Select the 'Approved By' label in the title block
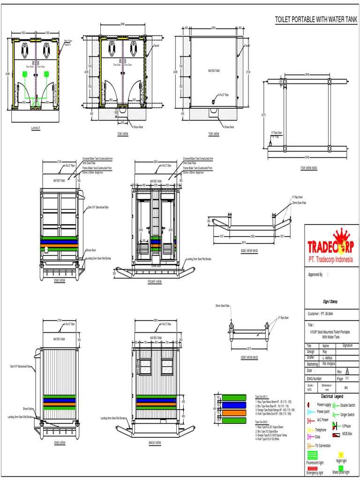pyautogui.click(x=315, y=275)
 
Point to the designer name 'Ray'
pyautogui.click(x=324, y=351)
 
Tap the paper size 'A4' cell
pyautogui.click(x=346, y=388)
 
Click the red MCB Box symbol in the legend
pyautogui.click(x=336, y=435)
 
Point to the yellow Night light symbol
pyautogui.click(x=341, y=455)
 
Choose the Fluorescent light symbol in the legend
pyautogui.click(x=314, y=455)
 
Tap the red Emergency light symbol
pyautogui.click(x=313, y=468)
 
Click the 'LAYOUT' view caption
pyautogui.click(x=36, y=128)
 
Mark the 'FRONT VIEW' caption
pyautogui.click(x=154, y=282)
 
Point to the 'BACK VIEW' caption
pyautogui.click(x=154, y=442)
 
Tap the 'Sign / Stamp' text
pyautogui.click(x=330, y=303)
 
